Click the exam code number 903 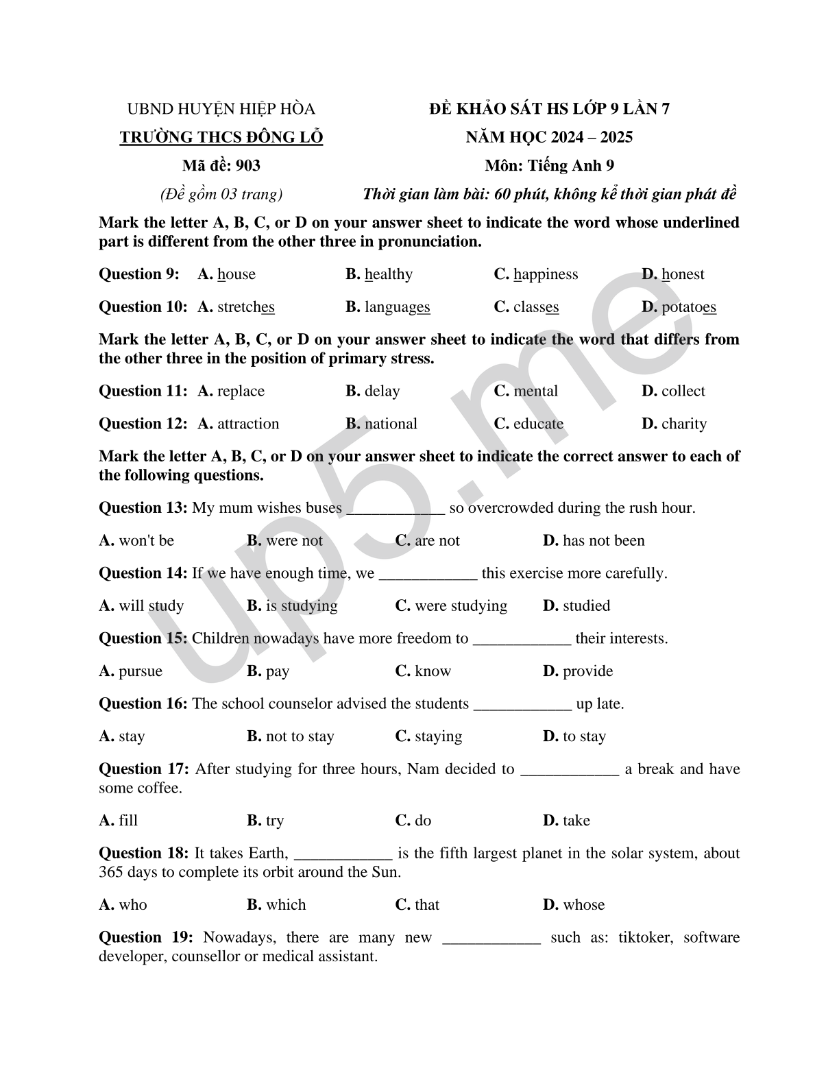coord(247,165)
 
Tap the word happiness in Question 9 coord(546,274)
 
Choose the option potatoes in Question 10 coord(689,307)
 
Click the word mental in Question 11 coord(535,391)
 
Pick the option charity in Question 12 coord(683,424)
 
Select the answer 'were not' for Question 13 coord(294,541)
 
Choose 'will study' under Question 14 coord(151,606)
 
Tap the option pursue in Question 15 coord(141,671)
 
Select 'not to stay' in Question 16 coord(300,736)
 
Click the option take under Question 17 coord(576,821)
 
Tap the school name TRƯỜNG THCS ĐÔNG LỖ coord(221,137)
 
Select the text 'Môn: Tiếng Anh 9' coord(549,165)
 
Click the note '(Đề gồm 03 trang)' coord(221,194)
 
